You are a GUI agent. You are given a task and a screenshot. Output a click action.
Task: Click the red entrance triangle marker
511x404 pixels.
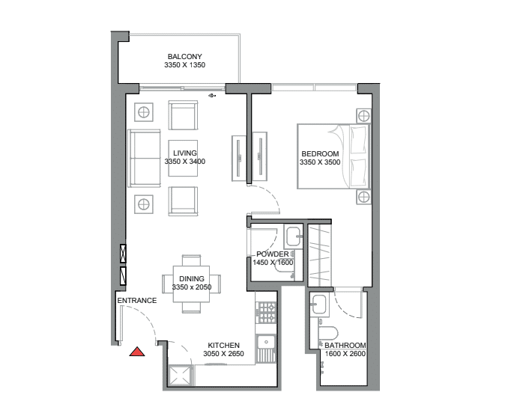[137, 352]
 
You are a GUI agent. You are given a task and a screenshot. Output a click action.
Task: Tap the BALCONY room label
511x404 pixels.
[185, 57]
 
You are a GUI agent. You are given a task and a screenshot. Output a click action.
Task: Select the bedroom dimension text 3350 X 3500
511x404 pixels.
[320, 162]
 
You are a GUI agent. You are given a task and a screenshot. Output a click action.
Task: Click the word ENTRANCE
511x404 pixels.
[137, 301]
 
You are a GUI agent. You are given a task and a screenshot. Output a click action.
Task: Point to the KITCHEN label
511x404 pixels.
[223, 346]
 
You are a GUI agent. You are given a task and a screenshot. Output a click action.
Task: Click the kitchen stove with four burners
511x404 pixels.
[267, 313]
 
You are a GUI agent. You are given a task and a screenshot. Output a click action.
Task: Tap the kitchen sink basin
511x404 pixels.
[266, 343]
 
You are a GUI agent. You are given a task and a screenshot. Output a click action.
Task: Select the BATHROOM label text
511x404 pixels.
[345, 346]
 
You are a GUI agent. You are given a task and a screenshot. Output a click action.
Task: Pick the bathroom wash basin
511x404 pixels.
[319, 304]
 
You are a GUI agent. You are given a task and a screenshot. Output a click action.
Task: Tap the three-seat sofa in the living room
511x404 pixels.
[144, 159]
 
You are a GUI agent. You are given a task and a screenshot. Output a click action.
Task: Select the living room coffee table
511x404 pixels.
[183, 158]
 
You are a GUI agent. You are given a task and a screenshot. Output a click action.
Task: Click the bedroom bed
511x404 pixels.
[333, 156]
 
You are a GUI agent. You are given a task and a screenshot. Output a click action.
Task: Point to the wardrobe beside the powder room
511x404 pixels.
[320, 255]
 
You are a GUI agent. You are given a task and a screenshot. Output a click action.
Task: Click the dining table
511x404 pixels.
[191, 284]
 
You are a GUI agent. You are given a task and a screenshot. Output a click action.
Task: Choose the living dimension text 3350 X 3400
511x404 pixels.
[185, 162]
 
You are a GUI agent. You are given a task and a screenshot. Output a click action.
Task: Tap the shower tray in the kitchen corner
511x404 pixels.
[180, 376]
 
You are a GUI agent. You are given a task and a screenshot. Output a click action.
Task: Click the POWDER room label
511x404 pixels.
[273, 254]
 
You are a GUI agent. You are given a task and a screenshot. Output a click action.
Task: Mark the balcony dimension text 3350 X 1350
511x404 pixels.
[185, 65]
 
